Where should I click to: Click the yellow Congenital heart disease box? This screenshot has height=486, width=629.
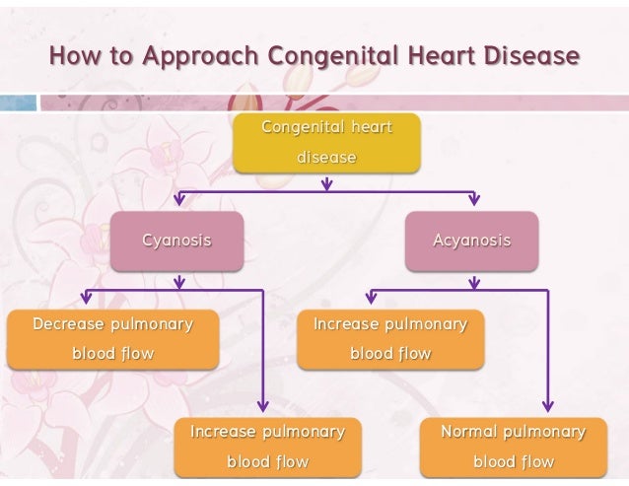[x=326, y=143]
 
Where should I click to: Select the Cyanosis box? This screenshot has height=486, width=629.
[x=176, y=241]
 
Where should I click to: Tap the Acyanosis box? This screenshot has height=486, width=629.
[x=472, y=241]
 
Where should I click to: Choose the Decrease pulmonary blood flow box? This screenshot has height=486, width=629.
[x=112, y=338]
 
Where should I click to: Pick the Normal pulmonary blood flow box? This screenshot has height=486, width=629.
[x=513, y=447]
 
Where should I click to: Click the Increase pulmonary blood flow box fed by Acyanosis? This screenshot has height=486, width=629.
[x=390, y=338]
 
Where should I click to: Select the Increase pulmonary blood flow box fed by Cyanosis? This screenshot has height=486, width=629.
[x=267, y=447]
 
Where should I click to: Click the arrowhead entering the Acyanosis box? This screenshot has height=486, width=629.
[x=473, y=201]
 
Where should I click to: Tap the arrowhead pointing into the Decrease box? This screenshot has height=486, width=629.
[x=87, y=298]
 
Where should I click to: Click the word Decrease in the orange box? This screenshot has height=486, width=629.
[x=70, y=323]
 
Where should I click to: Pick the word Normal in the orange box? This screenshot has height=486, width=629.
[x=469, y=432]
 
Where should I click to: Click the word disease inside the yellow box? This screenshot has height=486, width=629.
[x=326, y=157]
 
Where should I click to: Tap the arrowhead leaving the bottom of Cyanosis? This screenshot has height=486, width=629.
[x=177, y=283]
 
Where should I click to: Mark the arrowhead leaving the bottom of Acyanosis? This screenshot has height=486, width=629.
[x=473, y=283]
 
